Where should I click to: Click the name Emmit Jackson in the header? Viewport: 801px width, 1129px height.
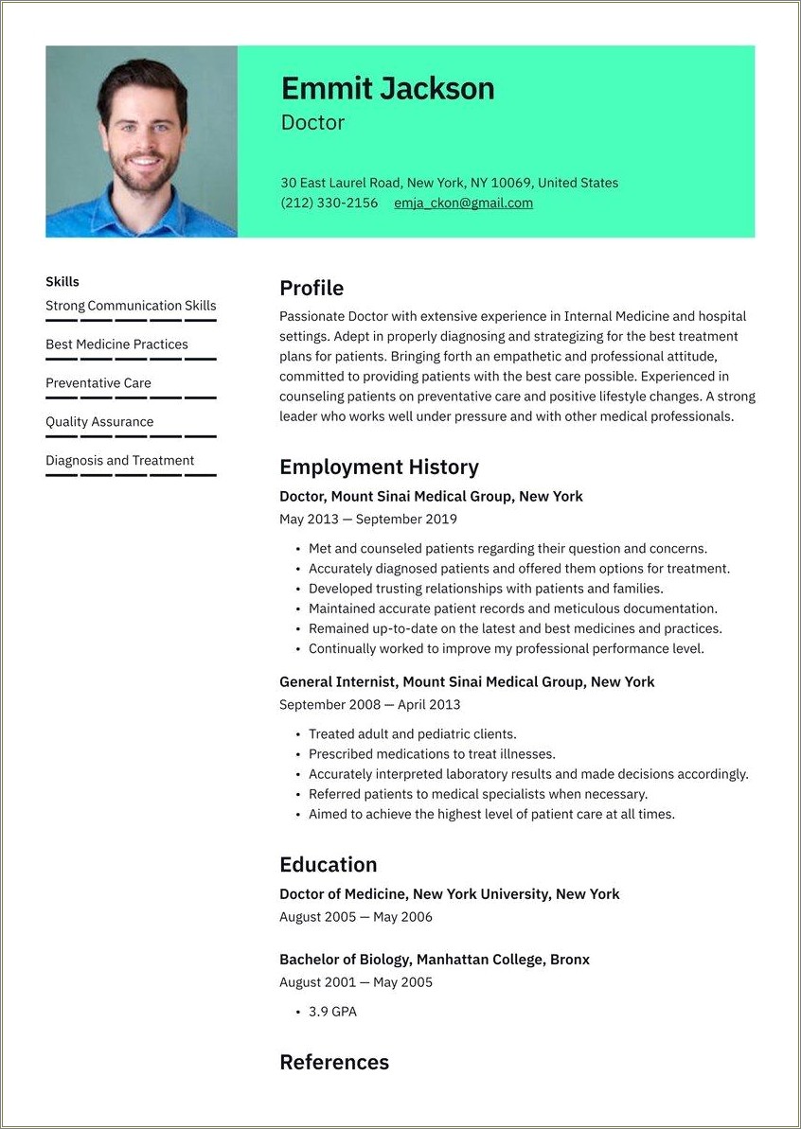pyautogui.click(x=387, y=89)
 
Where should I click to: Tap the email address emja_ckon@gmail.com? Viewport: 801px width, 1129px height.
pyautogui.click(x=463, y=203)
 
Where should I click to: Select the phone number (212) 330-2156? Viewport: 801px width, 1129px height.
pyautogui.click(x=329, y=203)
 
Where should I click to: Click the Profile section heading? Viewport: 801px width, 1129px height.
pyautogui.click(x=311, y=289)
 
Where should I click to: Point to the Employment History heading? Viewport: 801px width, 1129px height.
pyautogui.click(x=379, y=467)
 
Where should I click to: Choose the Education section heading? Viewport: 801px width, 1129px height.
pyautogui.click(x=328, y=864)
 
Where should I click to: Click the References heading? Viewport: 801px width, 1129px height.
pyautogui.click(x=334, y=1062)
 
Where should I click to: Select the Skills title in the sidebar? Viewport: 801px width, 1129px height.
pyautogui.click(x=62, y=281)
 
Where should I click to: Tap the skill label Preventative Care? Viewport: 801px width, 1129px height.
pyautogui.click(x=98, y=383)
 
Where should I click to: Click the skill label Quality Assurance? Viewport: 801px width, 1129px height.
pyautogui.click(x=99, y=422)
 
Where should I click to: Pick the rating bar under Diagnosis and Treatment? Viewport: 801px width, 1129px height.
pyautogui.click(x=131, y=475)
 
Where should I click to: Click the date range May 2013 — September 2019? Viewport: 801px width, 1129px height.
pyautogui.click(x=367, y=519)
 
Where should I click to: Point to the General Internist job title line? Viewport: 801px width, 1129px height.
pyautogui.click(x=467, y=681)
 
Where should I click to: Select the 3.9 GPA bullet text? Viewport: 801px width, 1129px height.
pyautogui.click(x=332, y=1012)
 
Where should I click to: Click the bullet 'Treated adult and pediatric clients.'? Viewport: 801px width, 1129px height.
pyautogui.click(x=412, y=733)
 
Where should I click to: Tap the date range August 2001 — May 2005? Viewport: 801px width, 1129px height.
pyautogui.click(x=355, y=982)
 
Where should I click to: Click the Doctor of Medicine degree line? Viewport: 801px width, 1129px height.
pyautogui.click(x=449, y=893)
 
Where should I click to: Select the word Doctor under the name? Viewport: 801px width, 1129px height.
pyautogui.click(x=312, y=123)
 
